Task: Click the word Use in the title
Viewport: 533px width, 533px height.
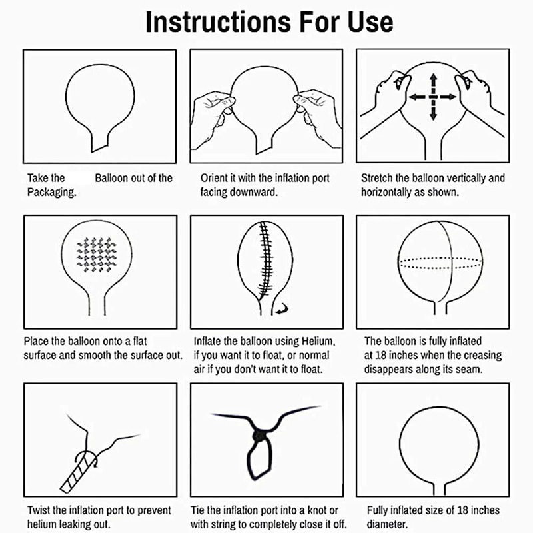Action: pyautogui.click(x=370, y=22)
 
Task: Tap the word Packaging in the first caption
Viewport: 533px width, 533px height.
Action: pyautogui.click(x=52, y=193)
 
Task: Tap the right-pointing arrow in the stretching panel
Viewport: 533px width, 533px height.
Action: pyautogui.click(x=447, y=97)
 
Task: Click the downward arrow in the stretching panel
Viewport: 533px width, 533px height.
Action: pyautogui.click(x=433, y=111)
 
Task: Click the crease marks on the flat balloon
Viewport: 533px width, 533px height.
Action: pyautogui.click(x=97, y=255)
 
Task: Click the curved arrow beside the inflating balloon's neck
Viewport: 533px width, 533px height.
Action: pyautogui.click(x=282, y=308)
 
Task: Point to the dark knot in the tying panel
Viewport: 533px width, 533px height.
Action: pyautogui.click(x=259, y=436)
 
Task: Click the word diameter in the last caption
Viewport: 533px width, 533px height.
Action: pyautogui.click(x=387, y=524)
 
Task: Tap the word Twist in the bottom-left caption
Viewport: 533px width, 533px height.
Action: pyautogui.click(x=39, y=510)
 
